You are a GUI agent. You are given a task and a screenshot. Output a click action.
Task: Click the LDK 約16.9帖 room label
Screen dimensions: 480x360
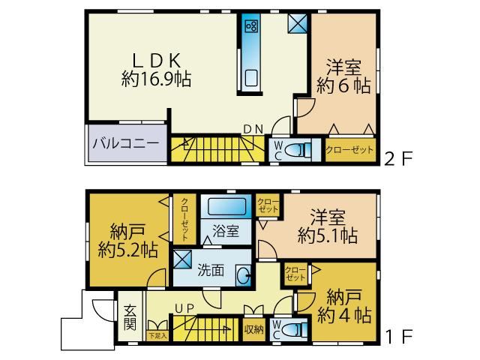157,70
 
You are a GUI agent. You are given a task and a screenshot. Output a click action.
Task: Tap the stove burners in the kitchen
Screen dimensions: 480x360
251,26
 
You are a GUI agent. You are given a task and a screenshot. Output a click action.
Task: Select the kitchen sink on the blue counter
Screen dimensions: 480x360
251,78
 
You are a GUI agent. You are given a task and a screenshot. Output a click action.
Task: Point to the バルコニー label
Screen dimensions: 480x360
126,143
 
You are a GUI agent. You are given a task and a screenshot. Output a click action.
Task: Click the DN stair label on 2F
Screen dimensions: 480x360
253,130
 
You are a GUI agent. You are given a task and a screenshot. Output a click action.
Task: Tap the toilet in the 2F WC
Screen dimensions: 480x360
297,151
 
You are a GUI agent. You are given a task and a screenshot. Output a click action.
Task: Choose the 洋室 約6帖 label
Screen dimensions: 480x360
343,76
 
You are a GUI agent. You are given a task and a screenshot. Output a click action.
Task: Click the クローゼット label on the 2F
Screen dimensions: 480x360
349,150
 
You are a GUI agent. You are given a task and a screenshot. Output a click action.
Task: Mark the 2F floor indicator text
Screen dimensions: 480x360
398,158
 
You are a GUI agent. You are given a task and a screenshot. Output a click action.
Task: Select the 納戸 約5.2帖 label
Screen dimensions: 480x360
128,241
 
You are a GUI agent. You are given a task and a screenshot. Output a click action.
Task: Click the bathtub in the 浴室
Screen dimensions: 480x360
226,206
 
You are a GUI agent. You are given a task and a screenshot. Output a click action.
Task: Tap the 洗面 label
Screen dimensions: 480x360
211,270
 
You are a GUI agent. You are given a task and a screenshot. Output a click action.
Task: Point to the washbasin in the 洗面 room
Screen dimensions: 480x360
243,275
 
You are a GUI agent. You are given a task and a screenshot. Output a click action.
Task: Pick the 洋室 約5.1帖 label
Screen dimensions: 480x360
328,226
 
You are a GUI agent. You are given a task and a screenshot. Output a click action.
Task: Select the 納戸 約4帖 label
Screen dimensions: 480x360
344,306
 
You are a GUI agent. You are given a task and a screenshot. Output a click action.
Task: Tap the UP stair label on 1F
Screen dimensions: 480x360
184,308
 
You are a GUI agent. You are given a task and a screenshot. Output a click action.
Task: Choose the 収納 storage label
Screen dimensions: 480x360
253,329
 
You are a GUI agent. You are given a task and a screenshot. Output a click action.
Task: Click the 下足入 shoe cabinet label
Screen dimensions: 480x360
157,335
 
